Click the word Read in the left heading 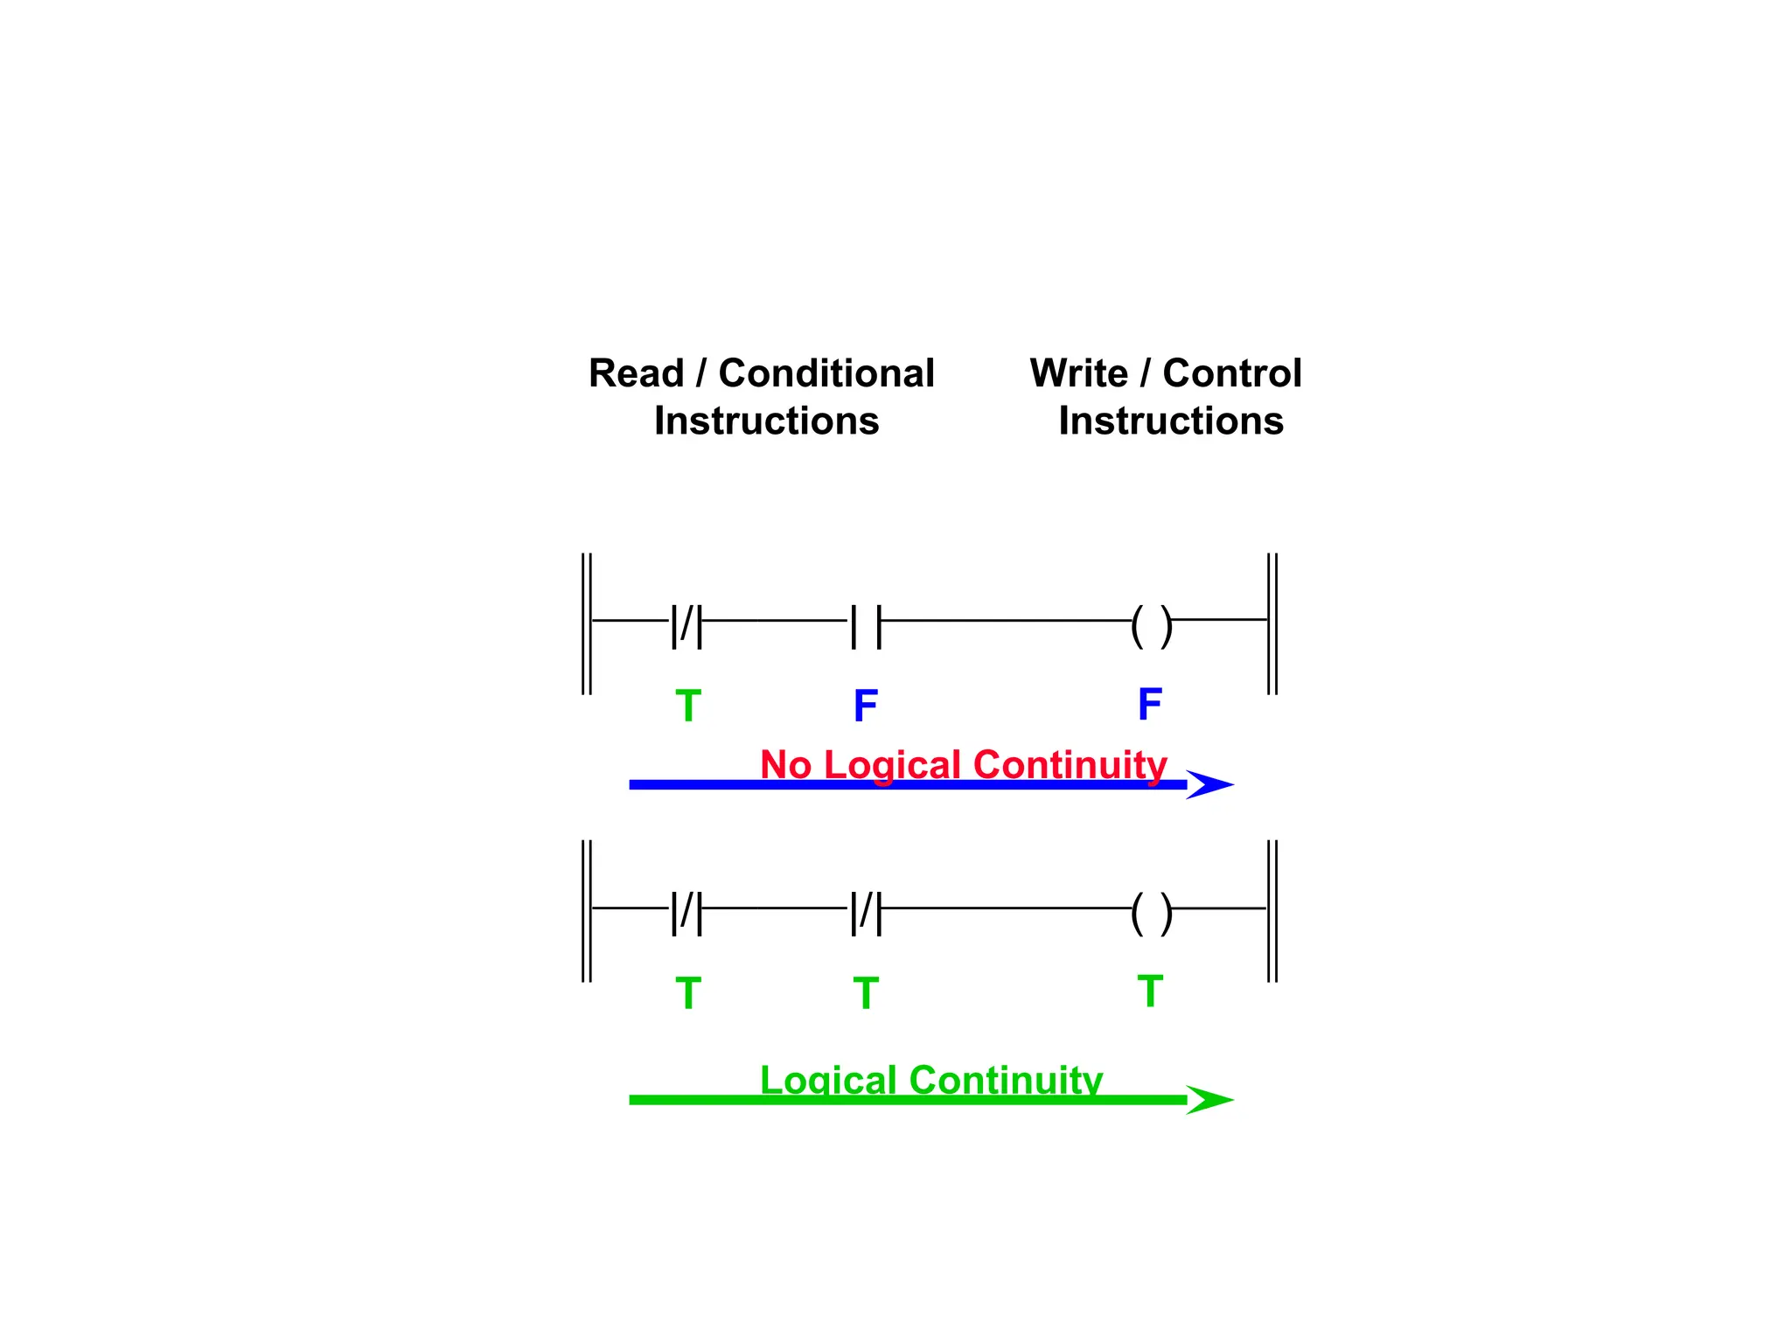636,374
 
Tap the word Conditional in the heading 826,374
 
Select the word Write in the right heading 1079,374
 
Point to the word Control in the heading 1232,374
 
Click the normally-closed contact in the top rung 686,625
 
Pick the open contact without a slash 866,625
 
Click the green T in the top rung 688,706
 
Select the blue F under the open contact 866,706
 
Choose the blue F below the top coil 1150,703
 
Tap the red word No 785,765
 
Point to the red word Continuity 1070,765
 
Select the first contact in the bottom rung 686,913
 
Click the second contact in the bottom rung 866,913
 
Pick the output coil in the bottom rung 1151,913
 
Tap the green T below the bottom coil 1150,991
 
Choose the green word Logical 828,1080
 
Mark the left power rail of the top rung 587,623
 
